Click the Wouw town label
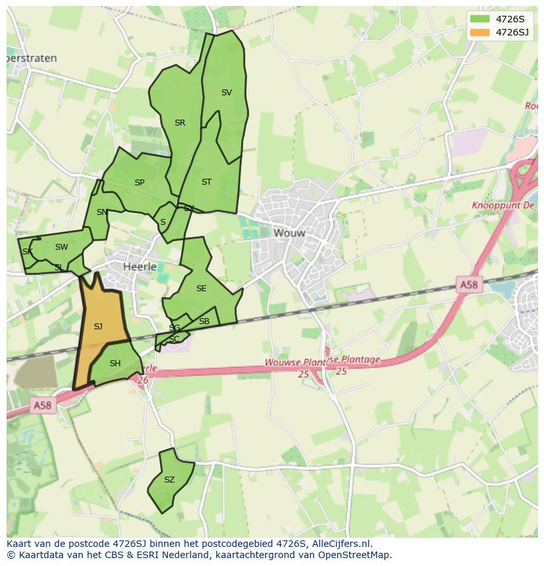[290, 233]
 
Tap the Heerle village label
[140, 267]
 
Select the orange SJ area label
[98, 327]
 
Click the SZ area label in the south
[170, 480]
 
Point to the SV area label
[227, 93]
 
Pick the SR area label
[180, 123]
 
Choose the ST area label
[206, 182]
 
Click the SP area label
[139, 183]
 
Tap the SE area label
[201, 289]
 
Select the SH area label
[115, 364]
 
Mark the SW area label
[61, 247]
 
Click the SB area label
[204, 321]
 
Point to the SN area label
[102, 212]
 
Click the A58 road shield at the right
[468, 285]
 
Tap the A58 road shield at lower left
[41, 406]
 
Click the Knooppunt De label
[504, 206]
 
